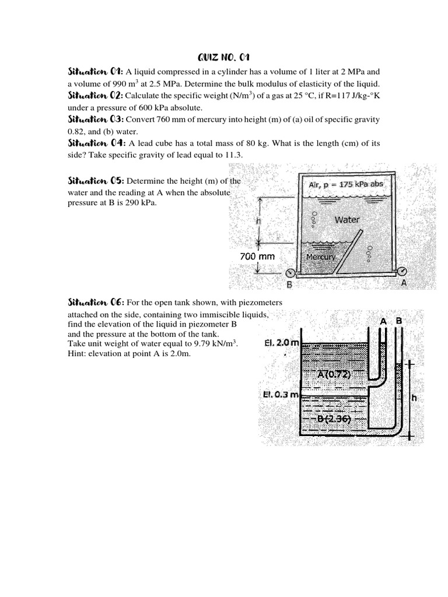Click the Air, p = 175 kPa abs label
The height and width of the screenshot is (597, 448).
tap(346, 184)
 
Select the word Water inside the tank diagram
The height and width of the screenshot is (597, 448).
tap(347, 220)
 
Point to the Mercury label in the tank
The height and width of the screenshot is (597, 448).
tap(321, 257)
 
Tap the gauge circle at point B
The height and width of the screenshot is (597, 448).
tap(289, 273)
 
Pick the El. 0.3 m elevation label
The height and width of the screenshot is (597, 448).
tap(281, 395)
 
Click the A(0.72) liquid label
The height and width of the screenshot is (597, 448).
tap(334, 375)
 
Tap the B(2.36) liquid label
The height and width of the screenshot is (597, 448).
tap(334, 419)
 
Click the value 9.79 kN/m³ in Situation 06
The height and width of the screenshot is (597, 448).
tap(213, 344)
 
